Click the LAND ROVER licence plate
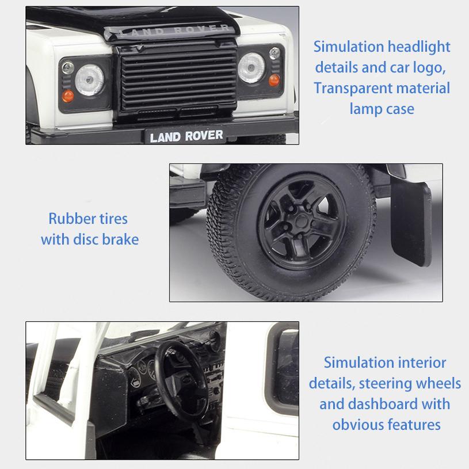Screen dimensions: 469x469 [186, 136]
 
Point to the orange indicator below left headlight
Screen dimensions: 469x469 [68, 96]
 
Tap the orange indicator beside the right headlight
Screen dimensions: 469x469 [274, 79]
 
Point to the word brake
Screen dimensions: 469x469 [120, 239]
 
